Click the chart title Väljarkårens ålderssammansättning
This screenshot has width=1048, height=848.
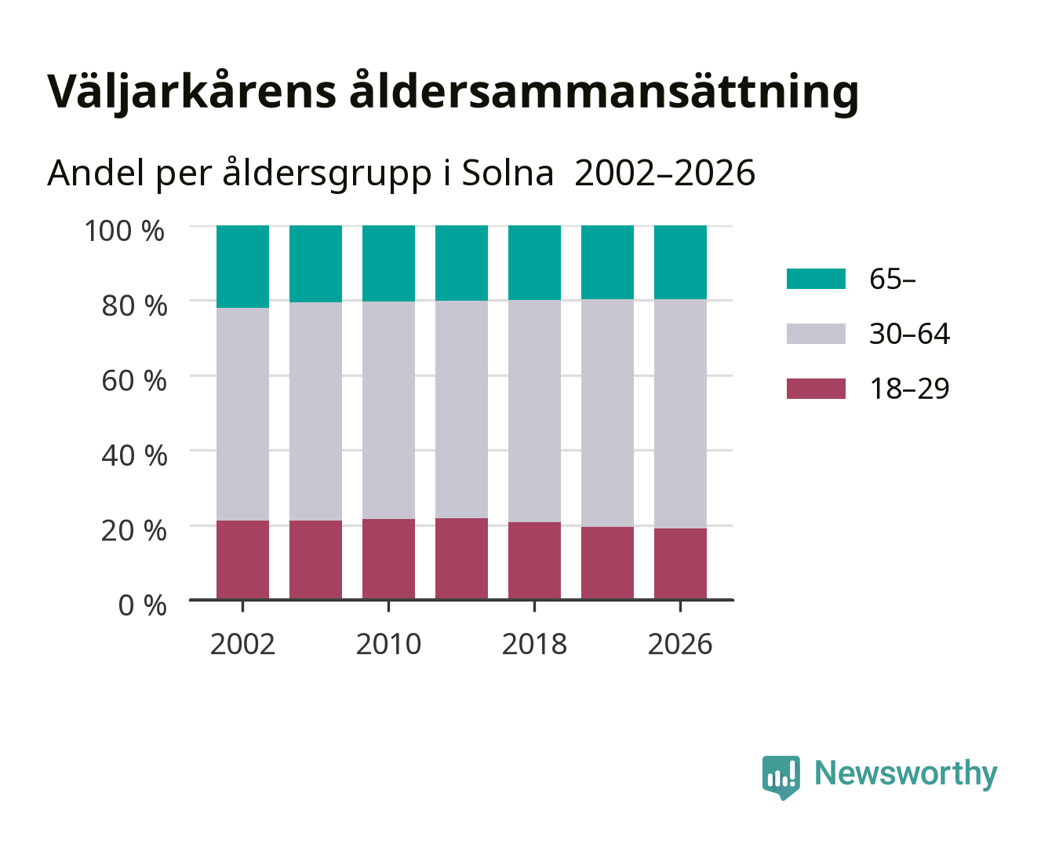[x=453, y=92]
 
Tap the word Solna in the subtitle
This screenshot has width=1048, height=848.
[x=508, y=174]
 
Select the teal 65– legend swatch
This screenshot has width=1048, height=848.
[x=816, y=279]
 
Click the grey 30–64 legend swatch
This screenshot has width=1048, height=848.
[x=816, y=334]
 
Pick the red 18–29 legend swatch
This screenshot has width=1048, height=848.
[x=816, y=389]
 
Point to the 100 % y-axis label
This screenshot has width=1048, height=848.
[x=125, y=231]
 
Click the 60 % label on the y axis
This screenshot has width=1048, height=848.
[x=134, y=381]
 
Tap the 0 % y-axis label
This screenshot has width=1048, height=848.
[x=142, y=605]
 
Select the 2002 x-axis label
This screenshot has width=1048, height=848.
[x=242, y=644]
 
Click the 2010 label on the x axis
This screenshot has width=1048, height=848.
[x=389, y=644]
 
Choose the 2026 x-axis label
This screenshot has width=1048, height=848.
[x=680, y=644]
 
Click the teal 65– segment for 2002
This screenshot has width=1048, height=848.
[x=242, y=267]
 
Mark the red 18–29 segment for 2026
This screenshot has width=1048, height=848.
[x=680, y=564]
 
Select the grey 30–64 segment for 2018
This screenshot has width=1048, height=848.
[x=534, y=411]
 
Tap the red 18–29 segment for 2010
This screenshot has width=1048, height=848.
[x=389, y=559]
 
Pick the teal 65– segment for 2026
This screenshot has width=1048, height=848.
[x=680, y=262]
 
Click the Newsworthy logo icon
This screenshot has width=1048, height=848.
[x=781, y=777]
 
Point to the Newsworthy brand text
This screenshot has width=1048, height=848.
[x=906, y=774]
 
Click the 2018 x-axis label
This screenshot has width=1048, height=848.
[x=534, y=644]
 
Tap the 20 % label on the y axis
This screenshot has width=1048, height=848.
[x=134, y=530]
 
